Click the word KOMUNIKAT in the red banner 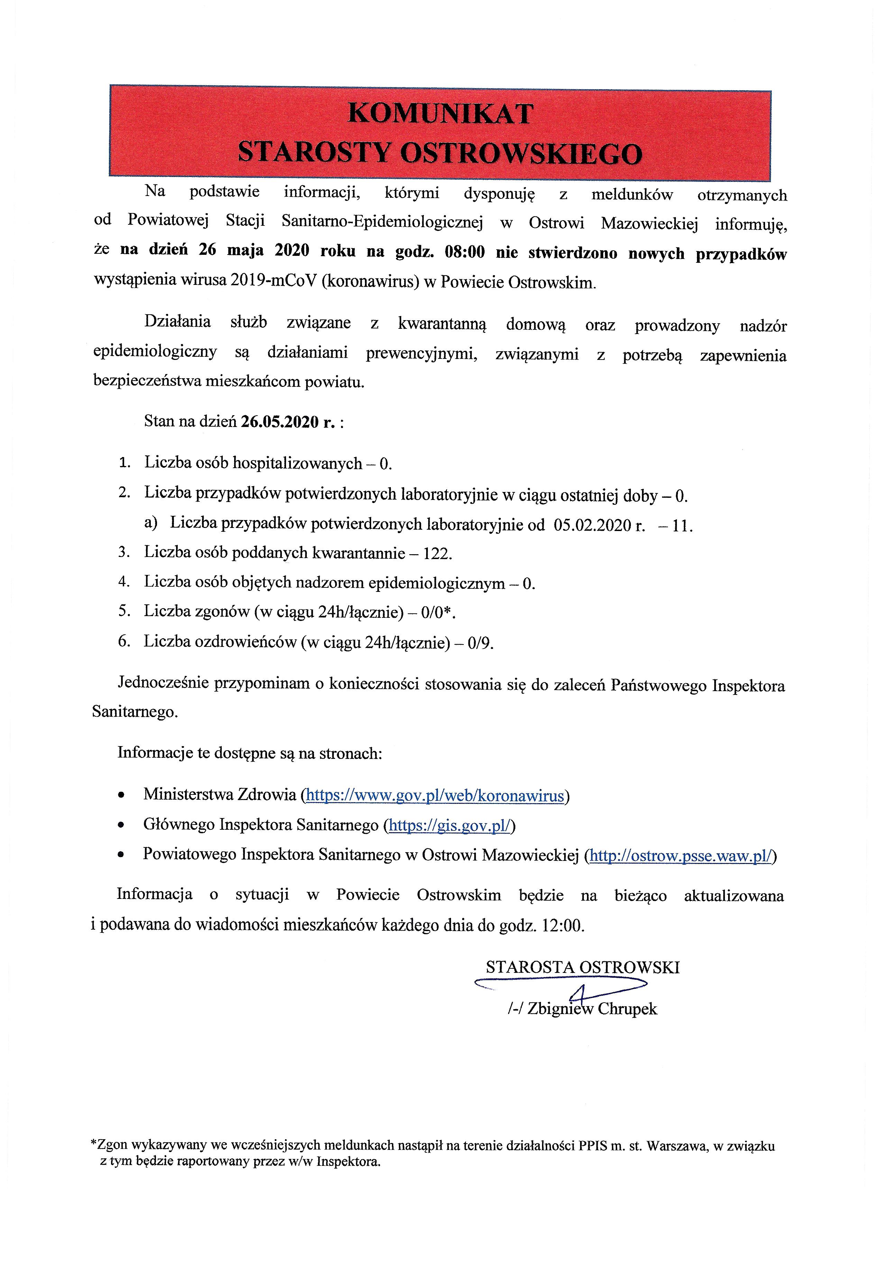[441, 114]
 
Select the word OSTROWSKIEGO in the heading [521, 153]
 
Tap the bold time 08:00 [465, 253]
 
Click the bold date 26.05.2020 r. [287, 422]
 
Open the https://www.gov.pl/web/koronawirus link [435, 796]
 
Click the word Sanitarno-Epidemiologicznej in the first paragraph [382, 221]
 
